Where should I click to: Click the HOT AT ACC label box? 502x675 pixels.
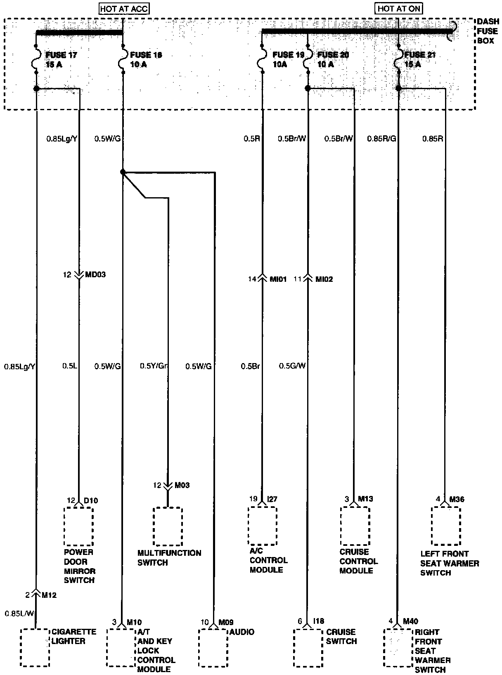coord(124,9)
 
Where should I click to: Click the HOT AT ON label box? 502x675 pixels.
coord(399,9)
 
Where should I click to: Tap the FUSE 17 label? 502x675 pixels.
coord(61,55)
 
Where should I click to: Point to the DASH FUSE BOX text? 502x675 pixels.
coord(488,31)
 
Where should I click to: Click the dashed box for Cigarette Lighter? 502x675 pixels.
coord(35,647)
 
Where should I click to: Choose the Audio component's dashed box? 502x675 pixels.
coord(213,647)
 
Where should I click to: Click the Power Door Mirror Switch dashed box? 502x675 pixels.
coord(78,526)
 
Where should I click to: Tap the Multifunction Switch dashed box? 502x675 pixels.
coord(168,526)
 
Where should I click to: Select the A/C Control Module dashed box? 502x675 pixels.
coord(262,526)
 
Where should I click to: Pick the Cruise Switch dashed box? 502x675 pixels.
coord(308,647)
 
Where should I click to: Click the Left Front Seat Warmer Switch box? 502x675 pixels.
coord(445,526)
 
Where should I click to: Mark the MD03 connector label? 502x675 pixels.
coord(95,274)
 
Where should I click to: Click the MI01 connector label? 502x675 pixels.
coord(278,279)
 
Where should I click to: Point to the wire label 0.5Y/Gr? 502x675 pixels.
coord(153,366)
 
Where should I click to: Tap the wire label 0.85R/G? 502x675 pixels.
coord(381,139)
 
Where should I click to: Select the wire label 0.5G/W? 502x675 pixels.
coord(292,366)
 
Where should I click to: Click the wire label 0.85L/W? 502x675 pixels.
coord(20,613)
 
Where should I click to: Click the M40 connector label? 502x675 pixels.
coord(411,622)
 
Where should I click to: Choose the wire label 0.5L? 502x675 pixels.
coord(69,366)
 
